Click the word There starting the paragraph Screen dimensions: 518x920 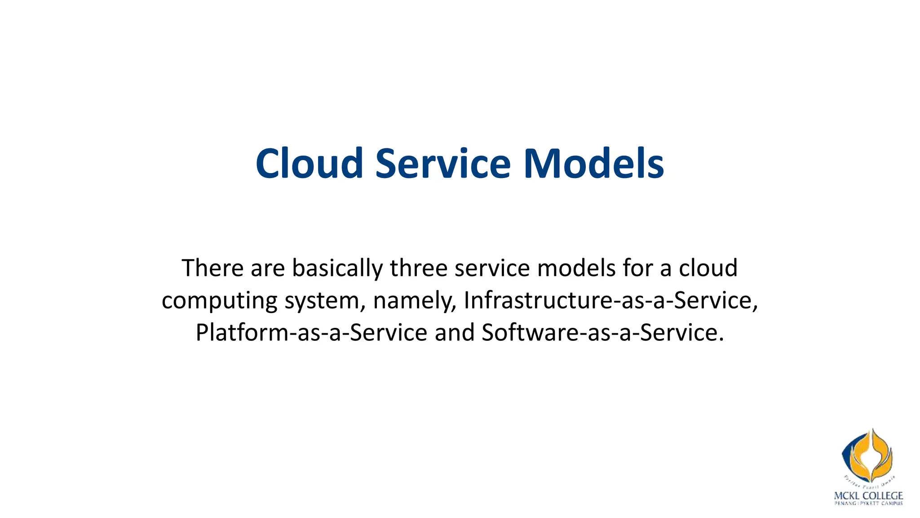(x=212, y=268)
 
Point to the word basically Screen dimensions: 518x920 (x=337, y=269)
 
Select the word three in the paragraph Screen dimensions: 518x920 (x=418, y=268)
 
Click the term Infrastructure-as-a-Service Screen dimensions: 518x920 (x=610, y=300)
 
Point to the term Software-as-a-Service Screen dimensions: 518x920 (x=602, y=333)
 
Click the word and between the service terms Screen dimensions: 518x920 (x=454, y=333)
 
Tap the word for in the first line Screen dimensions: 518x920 (x=638, y=268)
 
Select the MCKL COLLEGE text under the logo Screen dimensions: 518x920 (x=868, y=496)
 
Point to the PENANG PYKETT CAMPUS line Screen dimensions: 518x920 (x=868, y=504)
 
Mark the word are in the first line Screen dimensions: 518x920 (x=268, y=269)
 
